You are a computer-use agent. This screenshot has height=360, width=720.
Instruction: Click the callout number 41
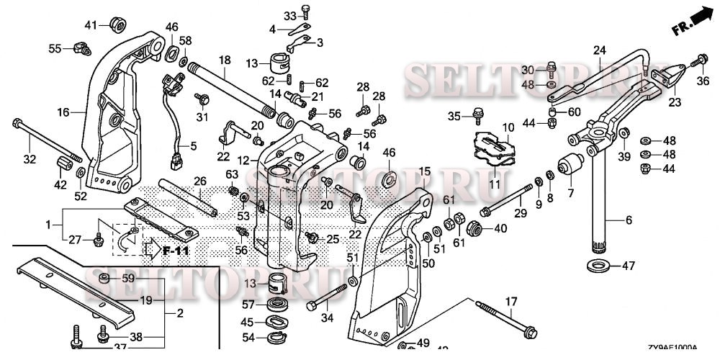click(x=90, y=25)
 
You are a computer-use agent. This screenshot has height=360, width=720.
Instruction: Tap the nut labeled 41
click(x=114, y=25)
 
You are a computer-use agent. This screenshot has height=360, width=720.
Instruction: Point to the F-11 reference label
click(x=175, y=251)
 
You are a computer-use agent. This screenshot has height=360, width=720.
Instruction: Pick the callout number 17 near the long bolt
click(x=510, y=302)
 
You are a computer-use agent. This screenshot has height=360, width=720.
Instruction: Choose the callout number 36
click(x=703, y=81)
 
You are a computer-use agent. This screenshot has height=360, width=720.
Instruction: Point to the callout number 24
click(x=599, y=50)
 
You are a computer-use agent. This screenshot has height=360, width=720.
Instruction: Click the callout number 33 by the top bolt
click(x=289, y=16)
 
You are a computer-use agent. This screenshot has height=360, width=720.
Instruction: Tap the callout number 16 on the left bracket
click(x=63, y=112)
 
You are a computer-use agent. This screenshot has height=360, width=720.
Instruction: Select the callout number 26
click(x=199, y=180)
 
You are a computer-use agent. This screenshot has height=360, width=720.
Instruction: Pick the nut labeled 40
click(x=474, y=229)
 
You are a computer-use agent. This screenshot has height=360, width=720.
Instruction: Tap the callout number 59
click(x=127, y=278)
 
